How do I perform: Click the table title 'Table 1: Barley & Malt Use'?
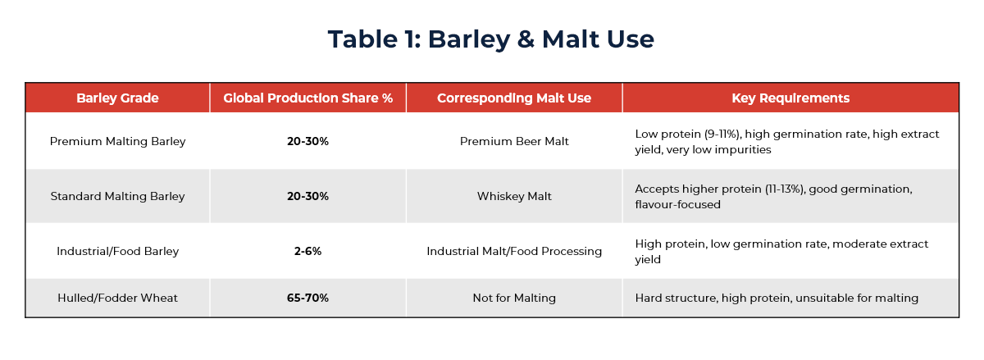click(491, 39)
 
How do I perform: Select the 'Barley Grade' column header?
click(117, 98)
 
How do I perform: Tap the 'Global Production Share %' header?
click(307, 98)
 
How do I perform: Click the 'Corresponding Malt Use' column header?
click(514, 98)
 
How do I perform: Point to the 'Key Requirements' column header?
click(790, 98)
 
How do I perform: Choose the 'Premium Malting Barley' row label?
click(117, 141)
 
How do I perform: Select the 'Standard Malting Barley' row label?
click(117, 196)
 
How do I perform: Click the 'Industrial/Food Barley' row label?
click(117, 251)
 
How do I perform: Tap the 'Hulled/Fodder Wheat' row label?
click(117, 298)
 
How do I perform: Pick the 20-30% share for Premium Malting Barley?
click(307, 141)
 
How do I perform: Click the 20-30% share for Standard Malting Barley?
click(307, 196)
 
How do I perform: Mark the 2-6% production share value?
click(307, 251)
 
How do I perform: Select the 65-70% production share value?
click(307, 298)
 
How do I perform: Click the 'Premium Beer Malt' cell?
click(514, 141)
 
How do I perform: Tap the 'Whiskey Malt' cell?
click(514, 196)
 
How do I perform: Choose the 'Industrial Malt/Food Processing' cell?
click(514, 251)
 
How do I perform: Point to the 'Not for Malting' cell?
click(514, 298)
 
